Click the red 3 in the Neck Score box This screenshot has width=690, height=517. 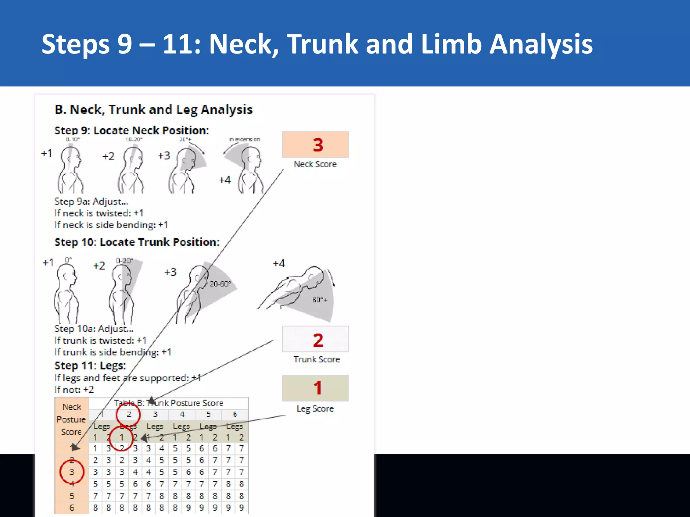318,145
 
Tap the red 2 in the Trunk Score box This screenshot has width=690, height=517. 318,340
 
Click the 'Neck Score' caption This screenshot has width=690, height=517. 315,164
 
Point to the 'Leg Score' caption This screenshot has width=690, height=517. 315,409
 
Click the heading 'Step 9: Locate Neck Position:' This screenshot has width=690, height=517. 132,131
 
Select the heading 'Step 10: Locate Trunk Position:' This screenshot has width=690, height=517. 137,242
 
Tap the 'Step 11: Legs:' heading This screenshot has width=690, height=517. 90,366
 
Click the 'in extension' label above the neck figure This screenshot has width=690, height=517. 245,139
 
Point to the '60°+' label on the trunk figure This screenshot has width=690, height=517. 319,300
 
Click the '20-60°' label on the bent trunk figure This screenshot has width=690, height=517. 220,284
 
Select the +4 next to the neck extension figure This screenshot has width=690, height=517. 225,180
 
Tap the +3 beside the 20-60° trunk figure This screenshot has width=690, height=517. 170,272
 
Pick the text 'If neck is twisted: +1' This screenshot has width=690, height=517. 99,213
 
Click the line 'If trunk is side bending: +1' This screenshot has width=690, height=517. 113,352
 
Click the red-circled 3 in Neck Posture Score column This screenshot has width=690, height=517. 72,472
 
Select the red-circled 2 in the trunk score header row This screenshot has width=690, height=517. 128,415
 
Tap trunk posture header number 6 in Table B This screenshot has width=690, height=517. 235,415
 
